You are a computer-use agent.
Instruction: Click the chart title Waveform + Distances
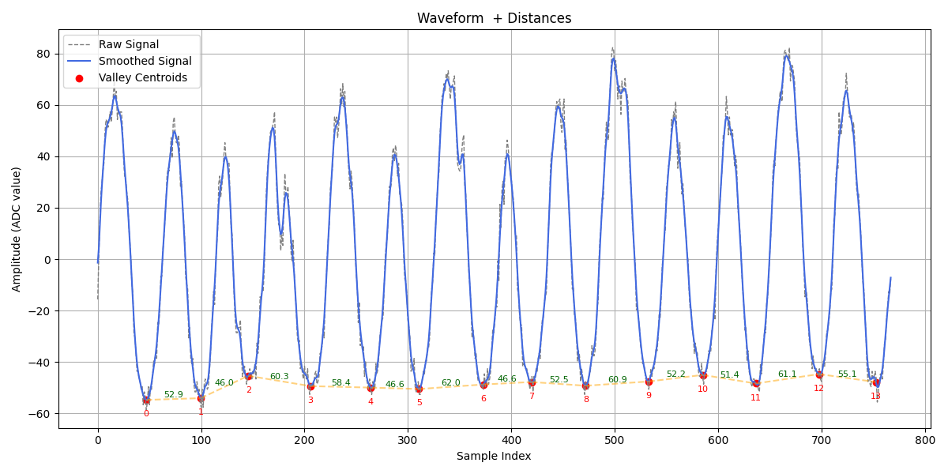point(494,18)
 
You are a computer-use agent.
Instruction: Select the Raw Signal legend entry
point(129,45)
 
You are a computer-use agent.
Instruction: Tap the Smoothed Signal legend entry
point(145,61)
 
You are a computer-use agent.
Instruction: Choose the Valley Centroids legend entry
point(143,77)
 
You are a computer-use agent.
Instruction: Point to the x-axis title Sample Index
point(494,456)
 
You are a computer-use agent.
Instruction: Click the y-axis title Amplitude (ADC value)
point(17,229)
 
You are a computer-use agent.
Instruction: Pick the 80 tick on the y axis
point(43,54)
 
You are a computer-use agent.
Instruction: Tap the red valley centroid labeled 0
point(146,401)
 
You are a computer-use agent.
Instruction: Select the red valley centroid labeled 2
point(248,377)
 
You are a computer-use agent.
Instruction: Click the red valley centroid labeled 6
point(483,385)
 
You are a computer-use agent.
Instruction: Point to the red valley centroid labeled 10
point(703,376)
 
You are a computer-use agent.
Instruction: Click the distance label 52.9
point(173,395)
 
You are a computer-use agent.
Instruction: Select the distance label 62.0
point(450,383)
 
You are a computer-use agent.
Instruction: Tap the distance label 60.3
point(279,377)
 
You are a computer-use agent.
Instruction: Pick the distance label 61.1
point(787,374)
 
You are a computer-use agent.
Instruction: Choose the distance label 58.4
point(340,383)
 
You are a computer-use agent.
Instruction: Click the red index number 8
point(586,400)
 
